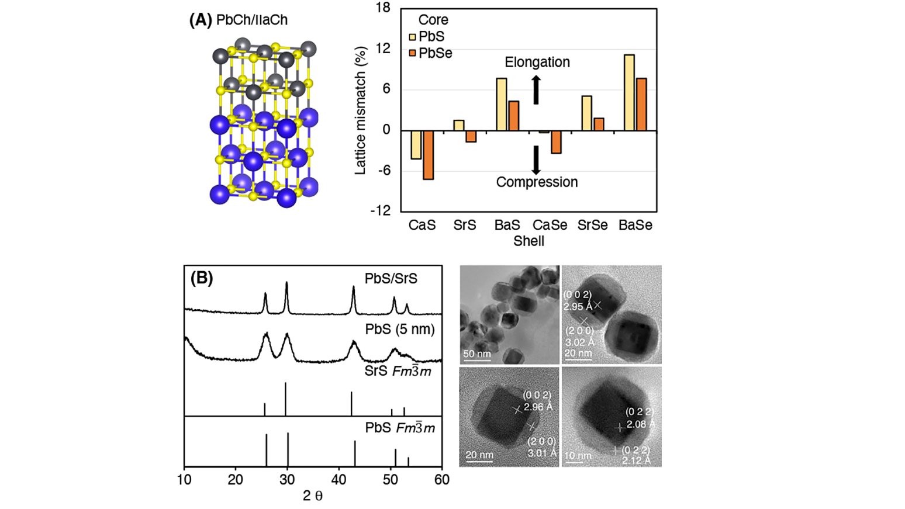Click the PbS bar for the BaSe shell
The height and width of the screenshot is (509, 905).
(629, 92)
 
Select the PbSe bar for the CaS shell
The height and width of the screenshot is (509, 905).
(429, 155)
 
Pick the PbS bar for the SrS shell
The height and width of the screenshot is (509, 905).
(459, 125)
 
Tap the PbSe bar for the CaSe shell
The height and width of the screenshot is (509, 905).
(556, 142)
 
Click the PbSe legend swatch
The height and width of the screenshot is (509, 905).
(412, 53)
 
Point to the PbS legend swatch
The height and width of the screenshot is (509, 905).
(412, 37)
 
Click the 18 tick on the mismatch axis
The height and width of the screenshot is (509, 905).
(383, 8)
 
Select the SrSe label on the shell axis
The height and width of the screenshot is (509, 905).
(592, 225)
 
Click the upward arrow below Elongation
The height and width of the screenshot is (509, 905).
(536, 90)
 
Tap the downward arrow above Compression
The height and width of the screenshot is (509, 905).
(536, 160)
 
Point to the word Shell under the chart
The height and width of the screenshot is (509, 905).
(529, 241)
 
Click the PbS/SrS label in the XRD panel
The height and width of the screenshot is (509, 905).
(391, 278)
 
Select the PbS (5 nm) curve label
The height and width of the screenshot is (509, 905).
(400, 329)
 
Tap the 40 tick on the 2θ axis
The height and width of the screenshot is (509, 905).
(338, 479)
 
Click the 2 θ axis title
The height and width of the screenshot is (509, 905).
(312, 496)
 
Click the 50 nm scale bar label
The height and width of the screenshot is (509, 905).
(477, 354)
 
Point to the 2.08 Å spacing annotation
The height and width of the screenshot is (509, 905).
(640, 424)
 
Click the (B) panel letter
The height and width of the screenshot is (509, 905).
(201, 278)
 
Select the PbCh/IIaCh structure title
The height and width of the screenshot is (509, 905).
(251, 20)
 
